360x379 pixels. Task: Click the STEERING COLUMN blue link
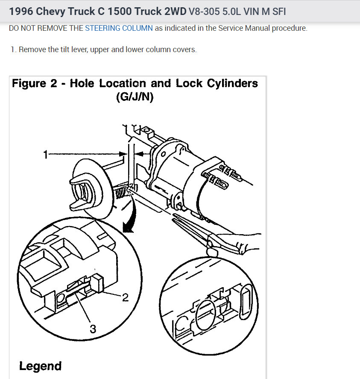point(119,29)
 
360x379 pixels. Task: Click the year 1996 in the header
point(20,12)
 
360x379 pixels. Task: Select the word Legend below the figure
point(40,366)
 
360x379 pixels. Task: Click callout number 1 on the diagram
point(46,155)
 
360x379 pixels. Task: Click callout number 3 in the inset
point(92,329)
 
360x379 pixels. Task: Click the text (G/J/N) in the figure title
point(135,97)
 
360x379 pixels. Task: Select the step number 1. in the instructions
point(14,50)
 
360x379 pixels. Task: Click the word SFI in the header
point(278,12)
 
